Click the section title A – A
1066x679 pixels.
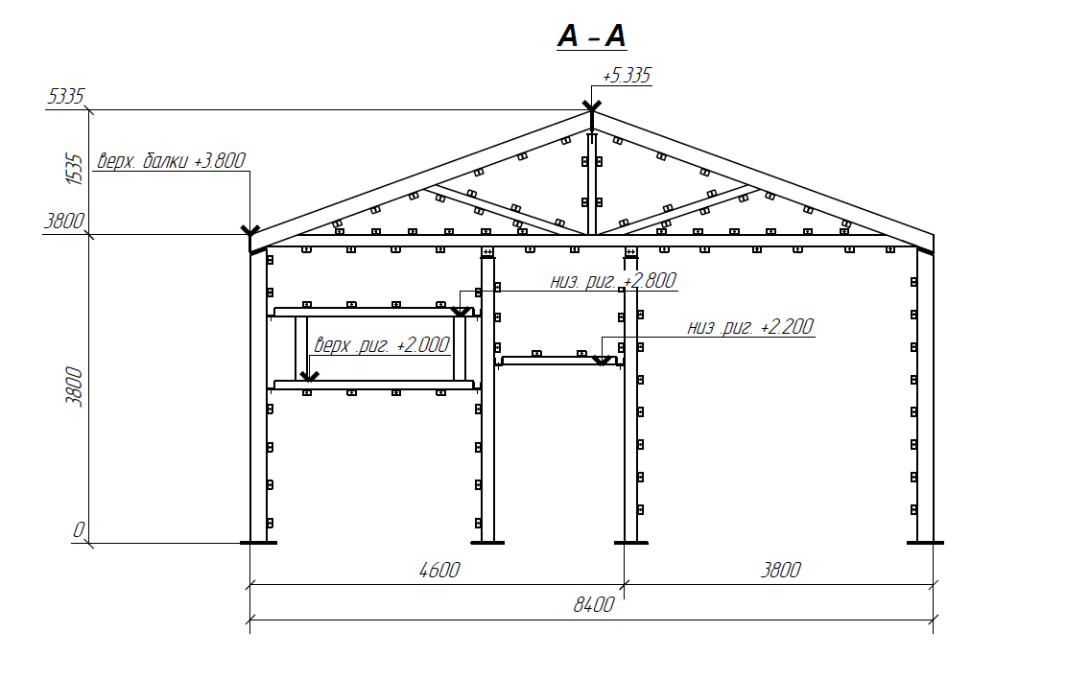point(591,36)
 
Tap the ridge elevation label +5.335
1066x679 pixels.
point(627,75)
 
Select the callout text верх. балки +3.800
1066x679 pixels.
point(171,161)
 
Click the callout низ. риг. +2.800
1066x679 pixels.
point(613,281)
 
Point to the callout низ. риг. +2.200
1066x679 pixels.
point(750,327)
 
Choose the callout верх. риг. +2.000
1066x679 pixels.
point(381,344)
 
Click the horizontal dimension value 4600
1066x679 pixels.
point(439,570)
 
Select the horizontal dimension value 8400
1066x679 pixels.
point(594,604)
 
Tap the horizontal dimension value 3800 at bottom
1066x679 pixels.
point(780,570)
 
